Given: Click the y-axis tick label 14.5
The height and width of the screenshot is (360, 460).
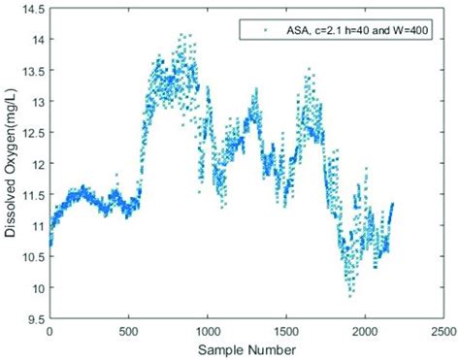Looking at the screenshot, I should (x=35, y=9).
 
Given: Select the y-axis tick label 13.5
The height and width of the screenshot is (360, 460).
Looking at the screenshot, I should (x=35, y=71).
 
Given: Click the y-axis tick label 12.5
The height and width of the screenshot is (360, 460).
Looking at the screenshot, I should (x=35, y=133).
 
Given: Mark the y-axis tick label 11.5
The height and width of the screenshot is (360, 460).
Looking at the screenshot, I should (x=35, y=195).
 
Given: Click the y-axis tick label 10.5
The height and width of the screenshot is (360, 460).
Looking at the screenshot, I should (x=35, y=257).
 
